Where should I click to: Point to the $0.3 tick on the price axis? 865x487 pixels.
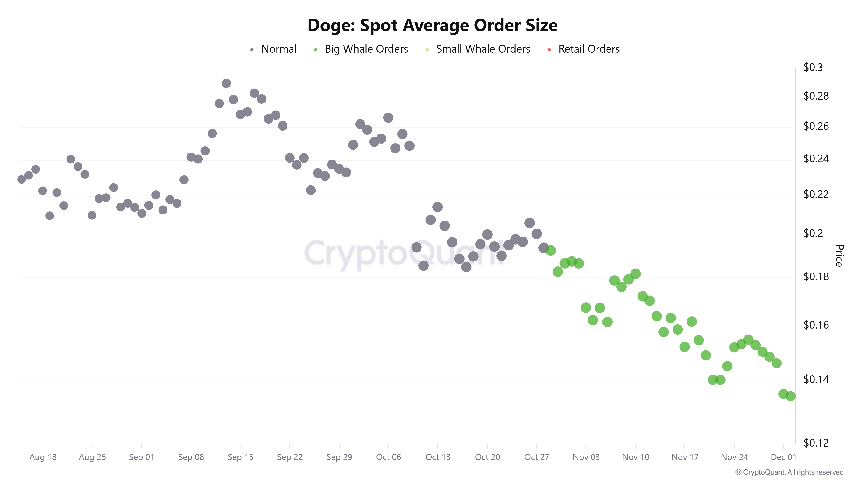(813, 67)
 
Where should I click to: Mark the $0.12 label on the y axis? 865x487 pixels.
(816, 443)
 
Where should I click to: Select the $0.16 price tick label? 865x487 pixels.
(816, 325)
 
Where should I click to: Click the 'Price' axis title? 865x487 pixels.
(839, 255)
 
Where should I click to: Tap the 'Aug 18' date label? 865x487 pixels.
(43, 457)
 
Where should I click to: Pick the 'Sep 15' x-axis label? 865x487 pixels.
(240, 457)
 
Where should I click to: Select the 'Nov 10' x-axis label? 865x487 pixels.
(635, 457)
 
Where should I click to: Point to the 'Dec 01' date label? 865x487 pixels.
(783, 457)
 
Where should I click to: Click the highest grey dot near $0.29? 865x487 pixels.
(226, 83)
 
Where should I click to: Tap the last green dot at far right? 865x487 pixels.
(790, 396)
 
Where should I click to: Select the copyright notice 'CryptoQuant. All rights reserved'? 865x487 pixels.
(789, 472)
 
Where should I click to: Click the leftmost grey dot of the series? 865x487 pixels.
(21, 179)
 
